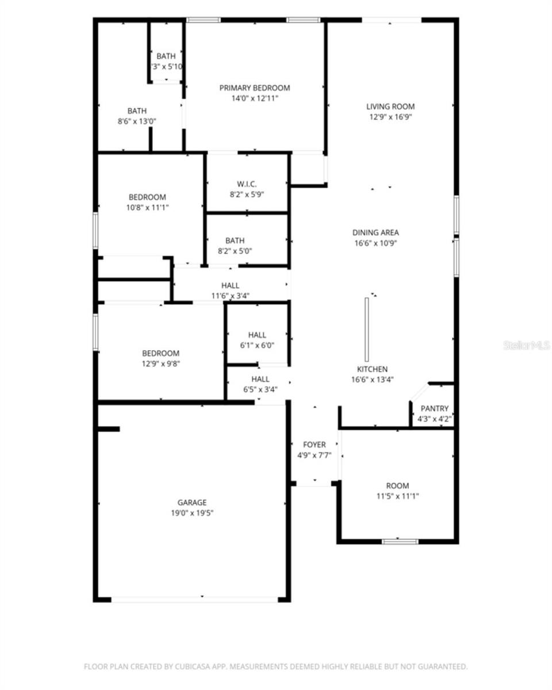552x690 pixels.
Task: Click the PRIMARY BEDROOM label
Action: click(x=254, y=88)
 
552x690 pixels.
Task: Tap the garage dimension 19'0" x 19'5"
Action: click(x=191, y=513)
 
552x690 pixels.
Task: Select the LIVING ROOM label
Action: click(x=390, y=106)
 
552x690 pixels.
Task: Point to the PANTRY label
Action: click(x=434, y=409)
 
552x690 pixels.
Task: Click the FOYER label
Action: click(x=314, y=444)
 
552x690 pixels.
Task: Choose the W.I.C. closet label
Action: click(x=246, y=184)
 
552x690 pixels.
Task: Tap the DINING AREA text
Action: click(x=375, y=233)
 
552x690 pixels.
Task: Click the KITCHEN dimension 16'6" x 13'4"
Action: click(x=372, y=379)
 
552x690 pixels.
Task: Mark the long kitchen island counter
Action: click(x=366, y=329)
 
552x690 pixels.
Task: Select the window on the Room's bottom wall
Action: click(x=400, y=541)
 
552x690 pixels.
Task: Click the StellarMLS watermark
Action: click(x=527, y=345)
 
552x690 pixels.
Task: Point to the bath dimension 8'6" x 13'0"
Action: click(x=137, y=121)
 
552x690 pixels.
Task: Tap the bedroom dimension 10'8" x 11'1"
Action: click(x=147, y=207)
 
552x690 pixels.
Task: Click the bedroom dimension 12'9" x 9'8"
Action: click(x=160, y=363)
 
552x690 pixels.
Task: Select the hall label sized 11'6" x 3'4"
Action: click(x=230, y=286)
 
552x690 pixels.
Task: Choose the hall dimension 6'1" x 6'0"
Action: click(x=257, y=346)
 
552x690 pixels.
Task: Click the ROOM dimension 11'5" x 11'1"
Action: click(x=397, y=496)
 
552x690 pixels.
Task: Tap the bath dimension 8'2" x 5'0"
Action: click(x=235, y=251)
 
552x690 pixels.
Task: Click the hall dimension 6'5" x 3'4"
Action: click(x=260, y=390)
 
